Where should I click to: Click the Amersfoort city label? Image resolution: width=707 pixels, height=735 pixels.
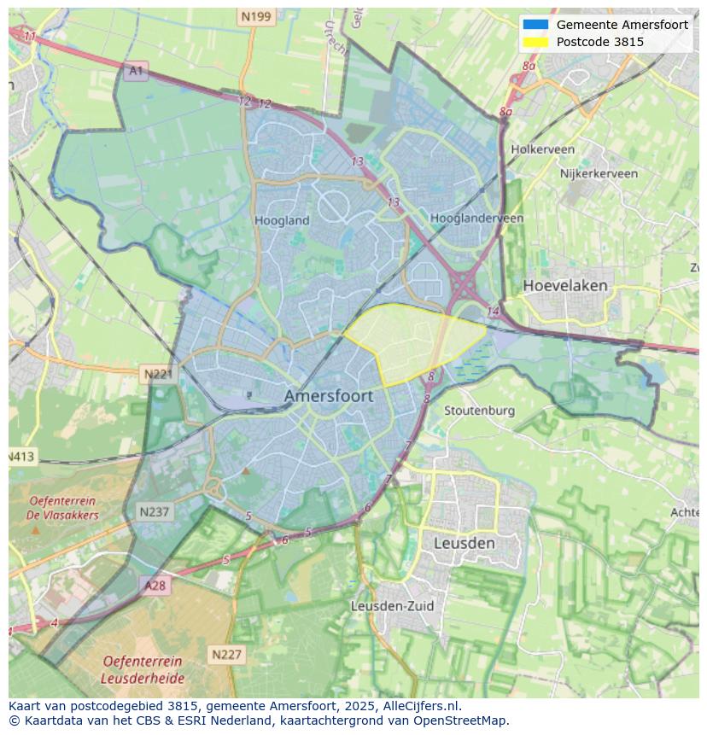pos(328,396)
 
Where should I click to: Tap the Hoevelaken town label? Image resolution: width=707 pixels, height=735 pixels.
pos(564,285)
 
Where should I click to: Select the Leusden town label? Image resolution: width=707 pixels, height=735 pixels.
pos(464,543)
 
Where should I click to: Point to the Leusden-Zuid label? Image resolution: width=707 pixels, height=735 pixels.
pos(392,606)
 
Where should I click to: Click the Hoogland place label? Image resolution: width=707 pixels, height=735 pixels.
pos(282,220)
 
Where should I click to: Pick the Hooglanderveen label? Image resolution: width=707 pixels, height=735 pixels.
pos(476,219)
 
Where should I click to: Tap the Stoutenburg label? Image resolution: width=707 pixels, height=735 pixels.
pos(479,411)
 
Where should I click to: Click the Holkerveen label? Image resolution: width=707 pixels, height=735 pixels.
pos(542,149)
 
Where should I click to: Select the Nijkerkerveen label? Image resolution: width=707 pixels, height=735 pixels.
pos(599,173)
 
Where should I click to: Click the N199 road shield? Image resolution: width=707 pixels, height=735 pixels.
pos(256,16)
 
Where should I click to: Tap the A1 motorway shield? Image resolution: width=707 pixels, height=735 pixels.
pos(135,71)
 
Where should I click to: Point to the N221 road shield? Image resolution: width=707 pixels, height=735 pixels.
pos(158,374)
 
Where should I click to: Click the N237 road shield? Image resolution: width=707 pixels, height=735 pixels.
pos(155,512)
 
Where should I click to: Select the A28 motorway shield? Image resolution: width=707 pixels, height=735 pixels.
pos(155,586)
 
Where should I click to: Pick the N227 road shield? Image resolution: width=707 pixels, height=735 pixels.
pos(226,655)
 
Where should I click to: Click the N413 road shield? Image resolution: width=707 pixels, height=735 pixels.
pos(22,457)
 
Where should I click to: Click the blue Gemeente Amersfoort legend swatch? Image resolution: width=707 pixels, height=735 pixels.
pos(535,25)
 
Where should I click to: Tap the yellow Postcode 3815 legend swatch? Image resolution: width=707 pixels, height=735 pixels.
pos(535,42)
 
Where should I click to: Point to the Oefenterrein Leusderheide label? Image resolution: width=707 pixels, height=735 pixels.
pos(142,670)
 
